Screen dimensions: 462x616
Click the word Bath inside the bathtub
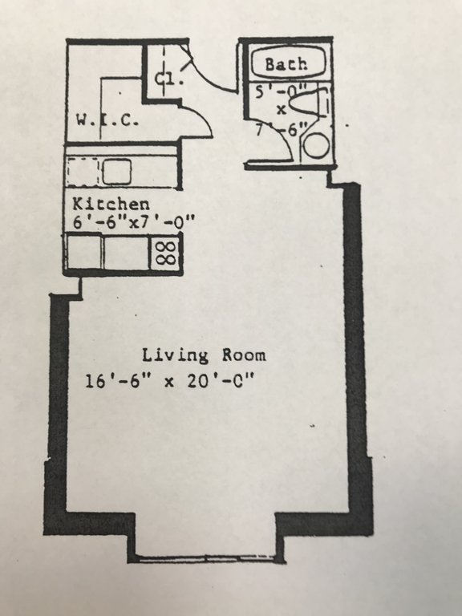pos(286,64)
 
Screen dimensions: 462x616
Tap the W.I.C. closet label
pos(107,120)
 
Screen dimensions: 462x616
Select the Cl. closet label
pos(168,79)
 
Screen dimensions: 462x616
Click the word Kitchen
pos(111,205)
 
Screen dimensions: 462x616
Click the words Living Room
pos(204,355)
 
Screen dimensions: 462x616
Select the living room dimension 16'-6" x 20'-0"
pos(170,381)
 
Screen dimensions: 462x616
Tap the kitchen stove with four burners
pos(165,252)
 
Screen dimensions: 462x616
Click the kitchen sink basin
pos(116,172)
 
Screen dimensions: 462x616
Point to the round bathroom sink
pos(316,146)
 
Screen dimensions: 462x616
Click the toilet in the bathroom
pos(310,103)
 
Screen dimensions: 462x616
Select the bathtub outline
pos(289,63)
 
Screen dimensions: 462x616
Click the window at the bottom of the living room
pos(206,558)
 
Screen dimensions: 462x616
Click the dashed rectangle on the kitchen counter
pos(83,172)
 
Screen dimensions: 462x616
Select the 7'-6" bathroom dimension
pos(281,129)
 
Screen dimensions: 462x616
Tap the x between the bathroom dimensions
pos(282,111)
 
